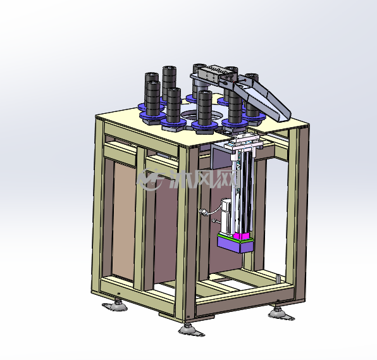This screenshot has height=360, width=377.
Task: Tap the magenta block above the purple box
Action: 240,236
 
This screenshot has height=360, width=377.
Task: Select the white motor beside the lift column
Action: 226,216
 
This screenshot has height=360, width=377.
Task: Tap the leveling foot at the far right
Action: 281,314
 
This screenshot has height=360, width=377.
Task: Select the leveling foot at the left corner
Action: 115,305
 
